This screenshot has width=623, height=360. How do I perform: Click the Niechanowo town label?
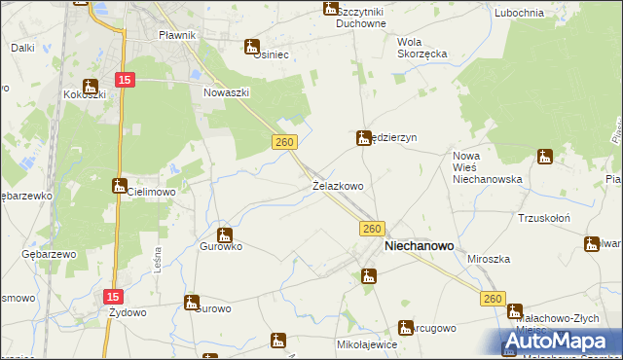tap(420, 247)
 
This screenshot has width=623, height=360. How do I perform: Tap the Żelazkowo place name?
tap(338, 185)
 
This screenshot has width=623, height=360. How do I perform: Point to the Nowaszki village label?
tap(227, 92)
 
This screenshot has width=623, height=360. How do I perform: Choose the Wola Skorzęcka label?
tap(421, 48)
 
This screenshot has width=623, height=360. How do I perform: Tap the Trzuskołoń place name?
tap(542, 218)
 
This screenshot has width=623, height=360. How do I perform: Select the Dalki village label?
tap(22, 47)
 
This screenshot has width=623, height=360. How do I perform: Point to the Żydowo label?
tap(128, 312)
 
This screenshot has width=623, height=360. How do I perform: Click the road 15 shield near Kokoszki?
tap(124, 79)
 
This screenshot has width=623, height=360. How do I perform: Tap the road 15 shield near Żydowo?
tap(114, 293)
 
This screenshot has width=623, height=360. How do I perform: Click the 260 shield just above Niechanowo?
tap(370, 228)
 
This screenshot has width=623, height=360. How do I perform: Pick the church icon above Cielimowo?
tap(119, 185)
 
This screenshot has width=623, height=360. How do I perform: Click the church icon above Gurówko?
tap(225, 234)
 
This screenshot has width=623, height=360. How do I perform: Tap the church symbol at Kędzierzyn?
tap(363, 138)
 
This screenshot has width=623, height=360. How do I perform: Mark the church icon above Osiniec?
tap(252, 45)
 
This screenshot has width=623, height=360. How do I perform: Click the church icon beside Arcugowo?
tap(406, 328)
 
